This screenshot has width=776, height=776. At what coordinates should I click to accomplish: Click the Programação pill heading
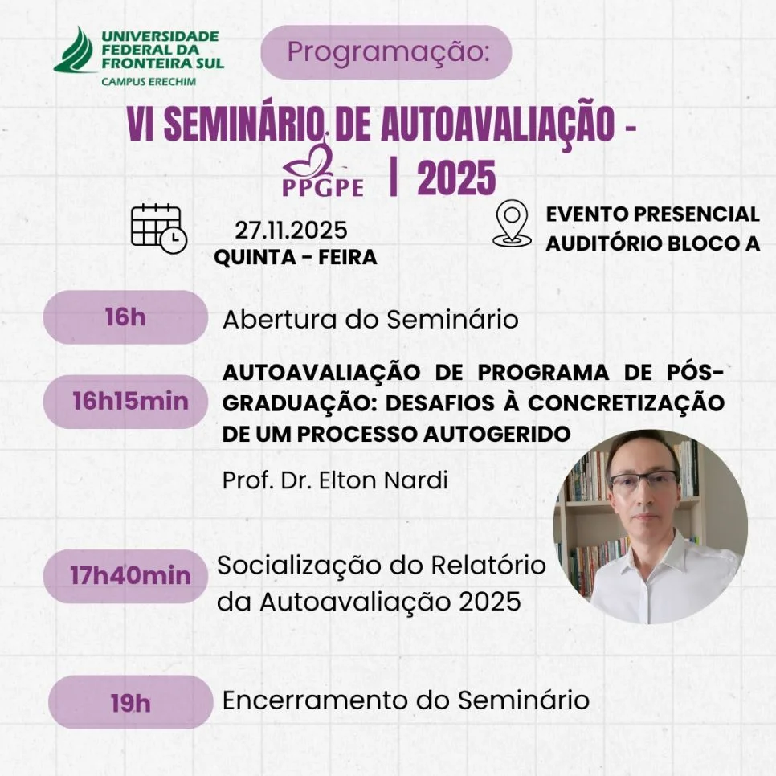coord(386,52)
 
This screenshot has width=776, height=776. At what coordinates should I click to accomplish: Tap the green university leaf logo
coord(76,50)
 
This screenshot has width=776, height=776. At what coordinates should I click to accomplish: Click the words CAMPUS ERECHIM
coord(148,81)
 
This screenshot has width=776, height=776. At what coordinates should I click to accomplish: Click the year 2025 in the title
coord(456,178)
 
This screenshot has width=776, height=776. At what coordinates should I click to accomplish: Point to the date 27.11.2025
coord(291,231)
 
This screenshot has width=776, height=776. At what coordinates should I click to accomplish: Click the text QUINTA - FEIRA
coord(295,258)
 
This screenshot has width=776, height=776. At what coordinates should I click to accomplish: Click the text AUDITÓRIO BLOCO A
coord(652,243)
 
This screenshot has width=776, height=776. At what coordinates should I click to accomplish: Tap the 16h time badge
coord(125,317)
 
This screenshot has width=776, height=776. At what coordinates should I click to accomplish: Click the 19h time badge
coord(130,703)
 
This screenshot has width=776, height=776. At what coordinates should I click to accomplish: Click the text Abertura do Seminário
coord(370,319)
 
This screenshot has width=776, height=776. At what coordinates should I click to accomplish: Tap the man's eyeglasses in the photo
coord(642,481)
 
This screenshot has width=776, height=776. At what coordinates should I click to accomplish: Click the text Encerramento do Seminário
coord(405,700)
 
